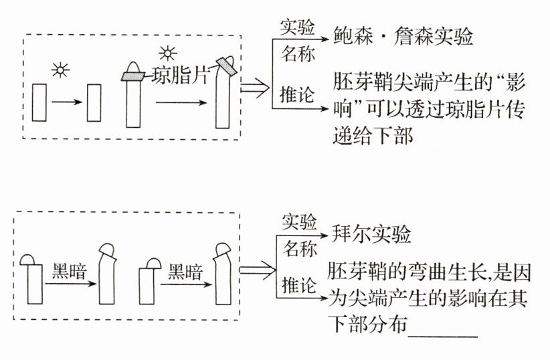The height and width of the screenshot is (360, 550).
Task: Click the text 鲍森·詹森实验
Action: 403,36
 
